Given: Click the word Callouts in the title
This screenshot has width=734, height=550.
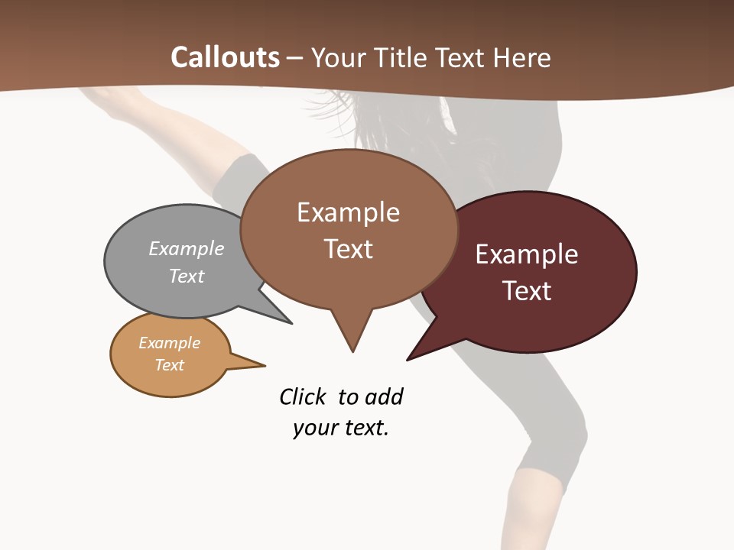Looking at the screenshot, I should pos(226,57).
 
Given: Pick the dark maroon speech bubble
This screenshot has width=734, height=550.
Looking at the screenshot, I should pos(581,313).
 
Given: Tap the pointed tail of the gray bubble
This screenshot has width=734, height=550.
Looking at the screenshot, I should pos(275,313).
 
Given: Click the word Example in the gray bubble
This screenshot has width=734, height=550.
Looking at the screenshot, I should pos(187,248).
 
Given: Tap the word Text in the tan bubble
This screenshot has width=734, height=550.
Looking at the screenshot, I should pos(170,365).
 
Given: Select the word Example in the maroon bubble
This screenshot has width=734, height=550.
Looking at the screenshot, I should pos(527,254).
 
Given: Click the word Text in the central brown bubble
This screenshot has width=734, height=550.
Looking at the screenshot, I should pos(349,249).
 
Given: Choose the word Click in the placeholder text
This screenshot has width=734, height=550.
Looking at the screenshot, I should pos(303,396).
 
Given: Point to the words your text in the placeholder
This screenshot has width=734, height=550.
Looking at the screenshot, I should pos(341,428).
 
